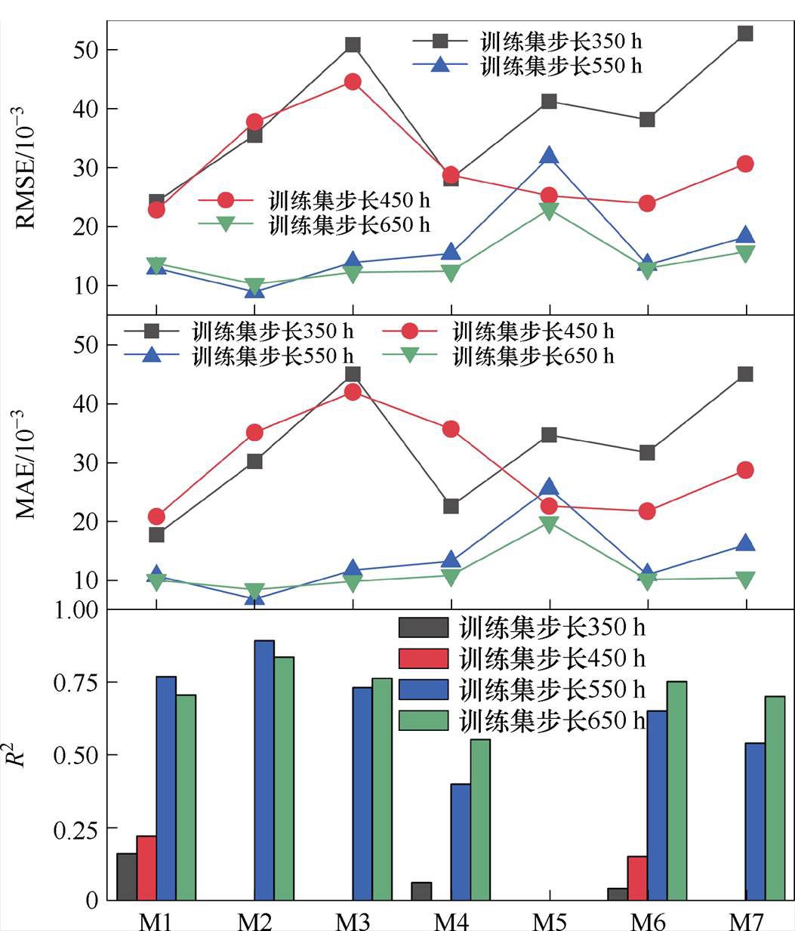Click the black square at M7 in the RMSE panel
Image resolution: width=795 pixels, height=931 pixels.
[x=745, y=33]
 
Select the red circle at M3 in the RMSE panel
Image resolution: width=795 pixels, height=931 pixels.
[x=353, y=82]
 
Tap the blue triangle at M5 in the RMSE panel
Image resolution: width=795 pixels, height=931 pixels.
[x=549, y=156]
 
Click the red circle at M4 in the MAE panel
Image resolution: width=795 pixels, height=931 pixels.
[x=451, y=429]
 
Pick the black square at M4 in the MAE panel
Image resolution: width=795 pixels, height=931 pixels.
[x=451, y=506]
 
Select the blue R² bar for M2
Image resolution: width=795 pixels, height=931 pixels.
[x=264, y=770]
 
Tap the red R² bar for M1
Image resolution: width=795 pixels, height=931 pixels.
[x=146, y=868]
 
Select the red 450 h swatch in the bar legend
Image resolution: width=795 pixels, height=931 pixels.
[x=424, y=658]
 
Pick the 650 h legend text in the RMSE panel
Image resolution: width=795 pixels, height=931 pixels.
[x=350, y=224]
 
